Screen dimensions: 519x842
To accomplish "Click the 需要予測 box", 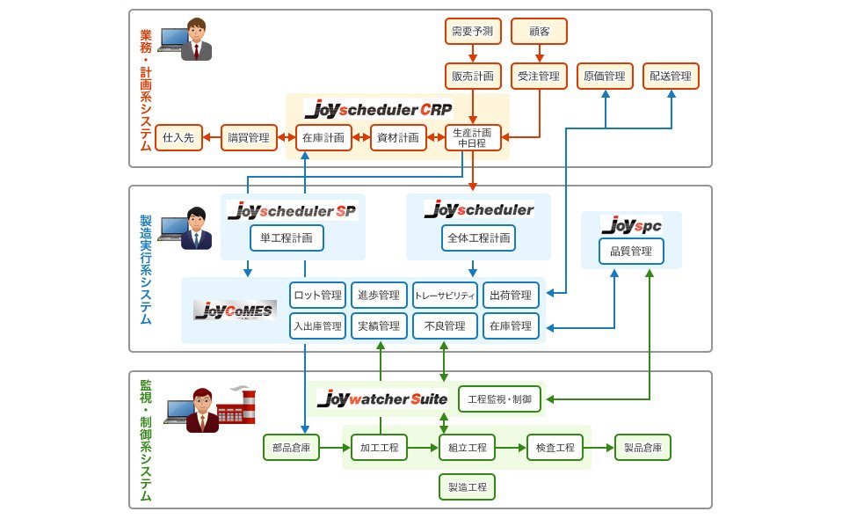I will coord(472,32).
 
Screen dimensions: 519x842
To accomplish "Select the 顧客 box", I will coord(539,32).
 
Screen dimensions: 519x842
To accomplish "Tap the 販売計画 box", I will coord(472,77).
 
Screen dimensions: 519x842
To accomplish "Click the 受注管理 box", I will coord(539,77).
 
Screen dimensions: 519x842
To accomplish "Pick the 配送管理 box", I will coord(671,77).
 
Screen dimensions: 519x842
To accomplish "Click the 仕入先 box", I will coord(179,137).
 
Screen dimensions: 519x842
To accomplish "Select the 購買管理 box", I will coord(247,137).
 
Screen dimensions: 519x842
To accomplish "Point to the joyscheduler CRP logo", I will coord(377,108).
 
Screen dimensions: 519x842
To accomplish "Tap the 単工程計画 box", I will coord(287,238).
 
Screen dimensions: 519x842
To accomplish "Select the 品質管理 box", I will coord(631,252).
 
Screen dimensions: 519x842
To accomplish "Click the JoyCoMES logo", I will coord(235,310).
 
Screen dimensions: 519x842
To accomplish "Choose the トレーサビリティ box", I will coord(445,295).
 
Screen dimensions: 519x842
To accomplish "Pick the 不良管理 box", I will coord(445,325).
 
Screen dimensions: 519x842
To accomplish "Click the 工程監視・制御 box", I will coord(500,398).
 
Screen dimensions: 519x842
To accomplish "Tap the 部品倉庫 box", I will coord(291,448).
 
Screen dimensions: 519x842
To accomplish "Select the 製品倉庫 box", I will coord(642,448).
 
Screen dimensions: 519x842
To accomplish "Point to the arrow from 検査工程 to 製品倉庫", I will coord(598,448).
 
